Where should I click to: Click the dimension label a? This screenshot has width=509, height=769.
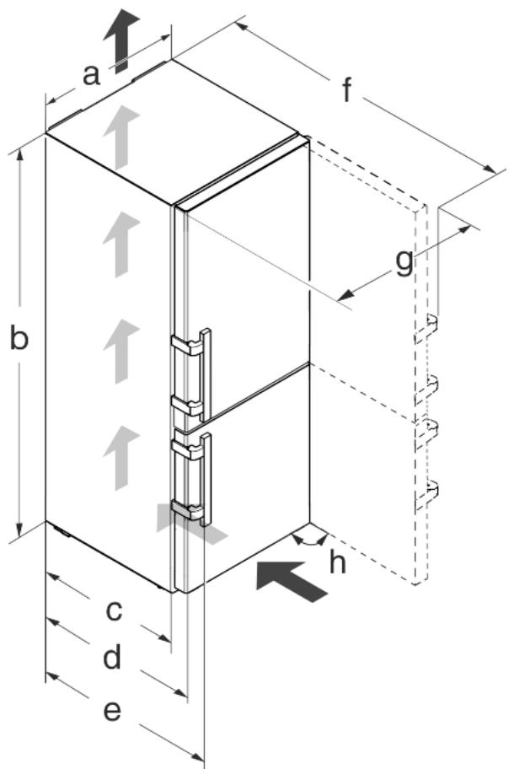pos(91,75)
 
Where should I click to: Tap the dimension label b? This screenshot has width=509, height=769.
pos(19,337)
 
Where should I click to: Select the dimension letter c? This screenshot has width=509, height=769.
pos(114,610)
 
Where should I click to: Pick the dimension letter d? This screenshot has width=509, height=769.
pos(112,657)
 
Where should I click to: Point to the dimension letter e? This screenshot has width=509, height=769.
pos(112,711)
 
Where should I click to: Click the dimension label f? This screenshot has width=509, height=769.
pos(347,89)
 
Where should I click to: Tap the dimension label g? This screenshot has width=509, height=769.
pos(404,262)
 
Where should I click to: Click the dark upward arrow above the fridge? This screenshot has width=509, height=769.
pos(121,40)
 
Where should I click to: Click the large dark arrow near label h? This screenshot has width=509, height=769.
pos(292,581)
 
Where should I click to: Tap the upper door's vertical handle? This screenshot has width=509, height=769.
pos(206,374)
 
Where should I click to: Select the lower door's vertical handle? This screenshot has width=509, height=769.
pos(206,480)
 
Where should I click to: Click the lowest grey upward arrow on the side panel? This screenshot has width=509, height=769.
pos(121,458)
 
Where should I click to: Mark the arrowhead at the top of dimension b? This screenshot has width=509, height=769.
pos(19,155)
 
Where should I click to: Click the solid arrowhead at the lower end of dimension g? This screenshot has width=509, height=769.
pos(346,294)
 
